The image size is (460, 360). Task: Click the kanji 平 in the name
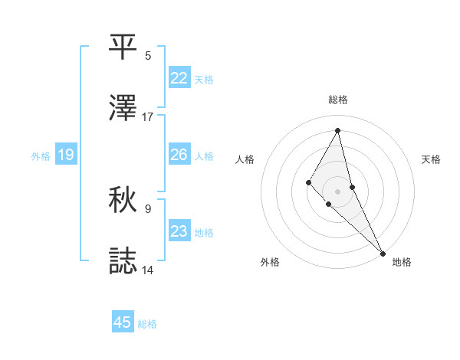pos(123,46)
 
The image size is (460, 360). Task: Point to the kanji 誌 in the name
pos(123,260)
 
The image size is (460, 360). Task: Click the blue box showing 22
pos(179,77)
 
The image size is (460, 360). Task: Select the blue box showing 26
pos(179,155)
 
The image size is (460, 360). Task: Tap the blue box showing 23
pos(179,231)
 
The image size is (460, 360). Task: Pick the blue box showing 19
pos(66,155)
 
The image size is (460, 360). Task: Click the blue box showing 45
pos(123,322)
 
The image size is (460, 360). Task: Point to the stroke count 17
pos(148,117)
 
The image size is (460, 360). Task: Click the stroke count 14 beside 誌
pos(148,270)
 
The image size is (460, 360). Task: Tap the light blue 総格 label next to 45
pos(147,324)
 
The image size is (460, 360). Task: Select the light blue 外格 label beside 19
pos(41,156)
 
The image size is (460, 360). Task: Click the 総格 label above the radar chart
pos(338,100)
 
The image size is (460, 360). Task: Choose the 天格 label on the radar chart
pos(432,159)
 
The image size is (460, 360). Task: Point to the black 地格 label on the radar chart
pos(402,263)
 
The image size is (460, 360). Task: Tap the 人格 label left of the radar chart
pos(245,159)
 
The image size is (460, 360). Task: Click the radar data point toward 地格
pos(383,252)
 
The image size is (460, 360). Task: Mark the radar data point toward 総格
pos(338,130)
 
